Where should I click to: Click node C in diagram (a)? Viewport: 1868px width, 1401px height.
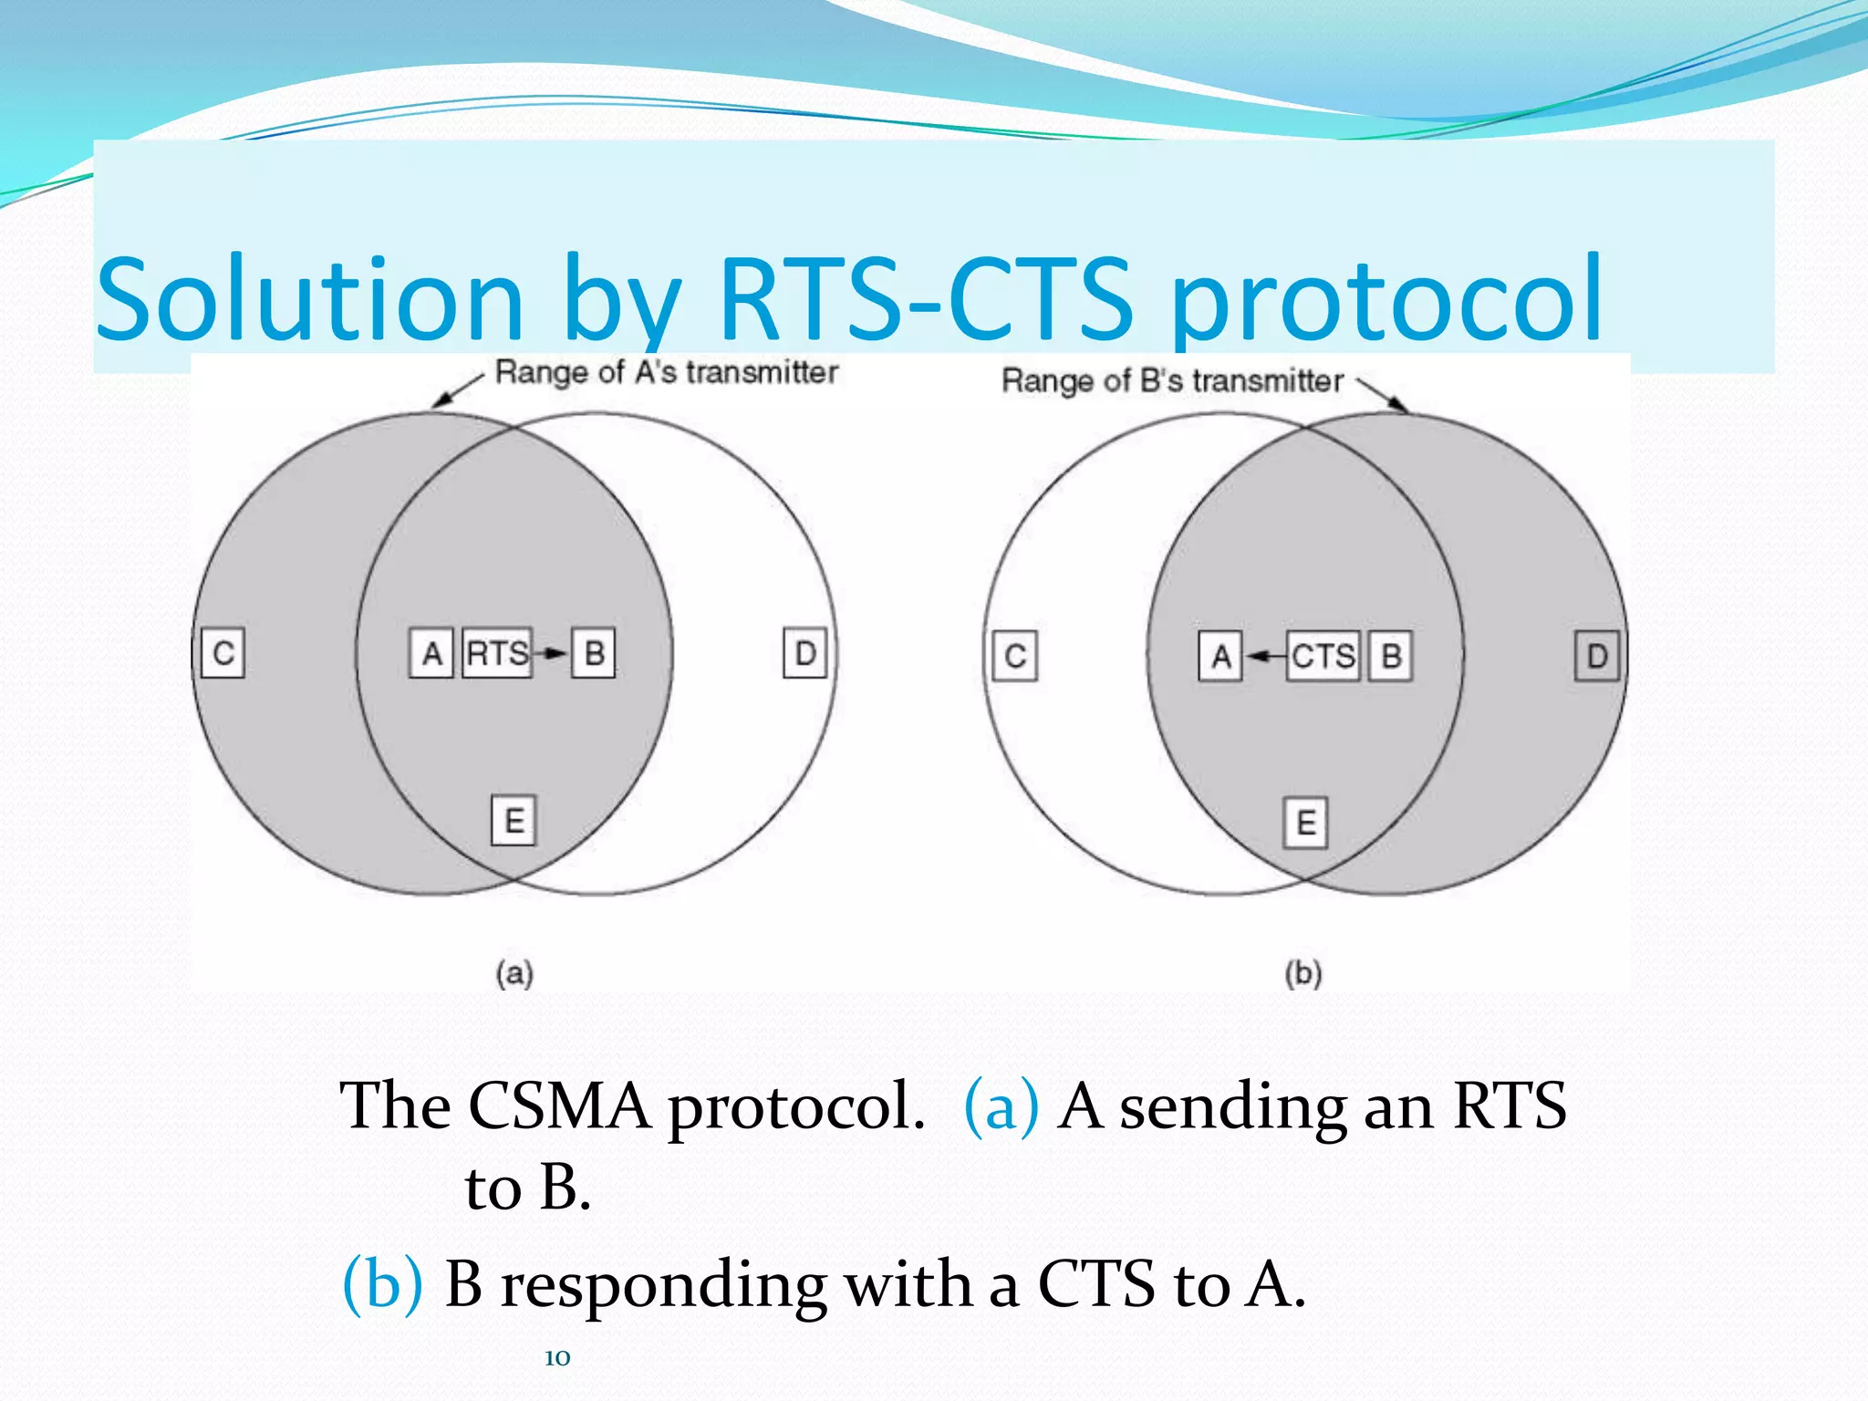point(223,653)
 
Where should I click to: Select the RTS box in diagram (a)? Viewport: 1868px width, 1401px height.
point(497,653)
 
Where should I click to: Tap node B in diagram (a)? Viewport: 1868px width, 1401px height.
point(594,653)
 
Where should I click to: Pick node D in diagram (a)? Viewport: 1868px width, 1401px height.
point(805,653)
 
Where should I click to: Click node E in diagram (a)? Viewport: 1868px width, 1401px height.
point(514,821)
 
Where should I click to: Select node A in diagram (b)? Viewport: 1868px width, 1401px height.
point(1220,656)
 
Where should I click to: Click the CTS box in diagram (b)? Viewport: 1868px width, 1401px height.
point(1323,656)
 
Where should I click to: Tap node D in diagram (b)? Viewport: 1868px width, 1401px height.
point(1597,656)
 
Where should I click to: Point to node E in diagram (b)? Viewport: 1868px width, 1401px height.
point(1305,824)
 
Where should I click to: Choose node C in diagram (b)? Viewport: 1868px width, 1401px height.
point(1015,656)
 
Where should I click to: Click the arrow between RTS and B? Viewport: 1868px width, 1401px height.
point(551,653)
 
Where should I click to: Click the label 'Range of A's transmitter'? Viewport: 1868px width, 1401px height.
point(666,372)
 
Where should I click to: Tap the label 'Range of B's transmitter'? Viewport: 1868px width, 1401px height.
point(1172,380)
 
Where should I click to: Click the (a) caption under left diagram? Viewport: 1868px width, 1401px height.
point(514,973)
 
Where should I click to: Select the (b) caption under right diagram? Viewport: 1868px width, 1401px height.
point(1303,973)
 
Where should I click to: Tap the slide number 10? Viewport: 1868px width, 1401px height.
point(557,1358)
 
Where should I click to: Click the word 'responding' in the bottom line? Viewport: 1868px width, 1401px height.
point(663,1284)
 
